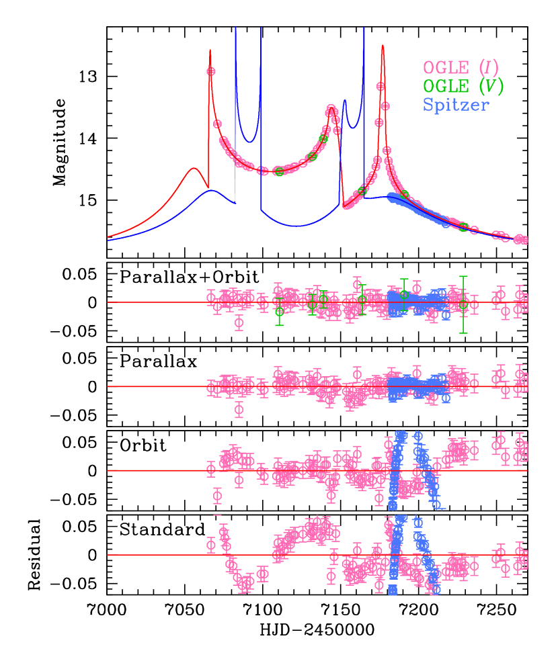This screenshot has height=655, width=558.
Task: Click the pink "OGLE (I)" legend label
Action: tap(461, 68)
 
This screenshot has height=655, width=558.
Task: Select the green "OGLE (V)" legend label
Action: tap(463, 86)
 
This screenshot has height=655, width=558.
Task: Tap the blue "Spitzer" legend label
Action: tap(456, 105)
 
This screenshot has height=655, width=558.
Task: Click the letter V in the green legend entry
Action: tap(489, 86)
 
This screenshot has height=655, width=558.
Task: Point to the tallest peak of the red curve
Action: tap(383, 46)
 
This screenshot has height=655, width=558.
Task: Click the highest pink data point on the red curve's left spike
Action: tap(211, 71)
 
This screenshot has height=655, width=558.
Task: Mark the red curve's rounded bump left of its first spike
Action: tap(194, 168)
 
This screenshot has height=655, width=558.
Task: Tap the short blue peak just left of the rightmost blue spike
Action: tap(345, 101)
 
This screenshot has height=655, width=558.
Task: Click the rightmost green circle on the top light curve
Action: tap(463, 226)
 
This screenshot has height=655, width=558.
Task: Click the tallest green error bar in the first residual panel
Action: tap(463, 304)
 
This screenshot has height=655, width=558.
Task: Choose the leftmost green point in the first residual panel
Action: tap(279, 312)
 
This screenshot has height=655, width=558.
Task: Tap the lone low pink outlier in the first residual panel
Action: tap(239, 323)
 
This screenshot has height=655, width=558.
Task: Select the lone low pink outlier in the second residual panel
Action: tap(239, 409)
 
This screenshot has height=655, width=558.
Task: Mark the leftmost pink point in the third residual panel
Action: tap(211, 469)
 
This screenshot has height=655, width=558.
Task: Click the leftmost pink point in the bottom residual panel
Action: tap(211, 545)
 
